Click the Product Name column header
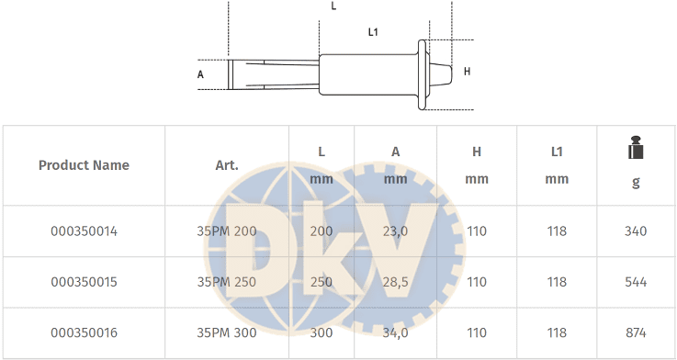tap(84, 165)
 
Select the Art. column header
tap(227, 165)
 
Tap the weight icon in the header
tap(636, 147)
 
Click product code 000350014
tap(84, 231)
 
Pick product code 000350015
tap(84, 282)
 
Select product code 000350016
tap(84, 332)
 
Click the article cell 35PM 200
tap(227, 231)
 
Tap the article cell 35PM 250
tap(227, 282)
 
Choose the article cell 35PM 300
tap(227, 332)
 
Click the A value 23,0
tap(395, 231)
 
